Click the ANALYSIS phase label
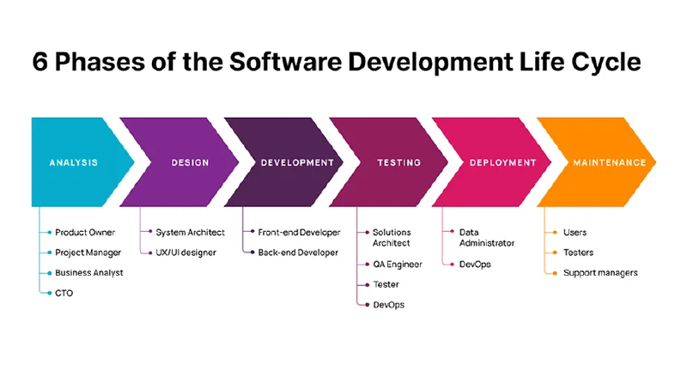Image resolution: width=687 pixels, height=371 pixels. (x=73, y=162)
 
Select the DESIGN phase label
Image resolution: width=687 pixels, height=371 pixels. (x=190, y=162)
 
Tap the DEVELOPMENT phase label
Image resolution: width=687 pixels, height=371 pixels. (x=297, y=162)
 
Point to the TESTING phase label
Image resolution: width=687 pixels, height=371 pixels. (x=398, y=162)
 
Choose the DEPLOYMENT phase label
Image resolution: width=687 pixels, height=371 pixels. (x=502, y=162)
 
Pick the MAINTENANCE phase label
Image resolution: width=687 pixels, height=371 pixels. (x=609, y=162)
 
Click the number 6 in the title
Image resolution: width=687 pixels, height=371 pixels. (x=41, y=64)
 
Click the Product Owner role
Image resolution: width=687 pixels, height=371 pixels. (x=85, y=233)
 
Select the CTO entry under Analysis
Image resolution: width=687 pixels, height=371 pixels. (x=64, y=293)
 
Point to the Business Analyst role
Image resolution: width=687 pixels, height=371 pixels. (x=89, y=273)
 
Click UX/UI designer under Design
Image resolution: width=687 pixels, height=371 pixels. (x=186, y=252)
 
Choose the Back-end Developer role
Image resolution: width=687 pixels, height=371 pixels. (x=299, y=252)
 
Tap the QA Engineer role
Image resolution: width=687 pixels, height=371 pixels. (x=398, y=265)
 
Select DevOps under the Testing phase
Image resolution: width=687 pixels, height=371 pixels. (x=388, y=305)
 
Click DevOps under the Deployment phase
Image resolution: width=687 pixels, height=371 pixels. (x=475, y=265)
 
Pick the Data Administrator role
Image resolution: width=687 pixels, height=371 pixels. (x=487, y=238)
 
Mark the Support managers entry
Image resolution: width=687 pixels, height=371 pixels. (x=600, y=273)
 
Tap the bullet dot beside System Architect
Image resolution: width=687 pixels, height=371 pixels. (x=149, y=233)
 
